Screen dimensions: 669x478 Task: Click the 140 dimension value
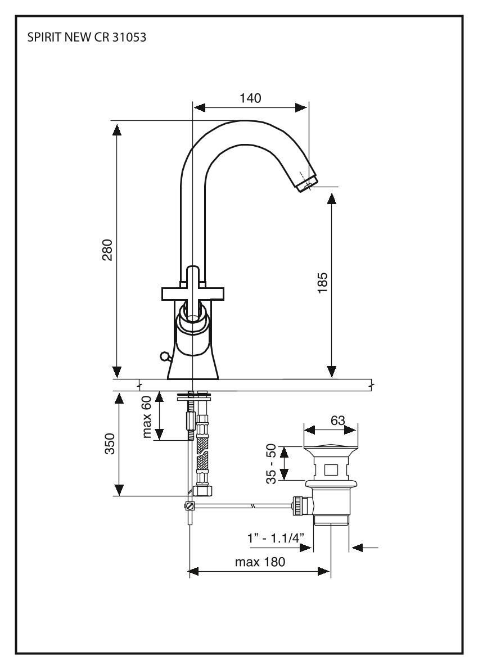[x=250, y=98]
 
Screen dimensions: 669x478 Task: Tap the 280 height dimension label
[x=107, y=250]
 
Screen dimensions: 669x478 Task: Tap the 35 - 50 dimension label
[x=272, y=463]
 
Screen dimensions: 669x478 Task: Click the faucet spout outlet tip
[x=307, y=183]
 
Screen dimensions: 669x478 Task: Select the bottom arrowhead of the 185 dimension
[x=332, y=372]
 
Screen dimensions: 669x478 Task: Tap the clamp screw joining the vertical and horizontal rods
[x=190, y=506]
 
